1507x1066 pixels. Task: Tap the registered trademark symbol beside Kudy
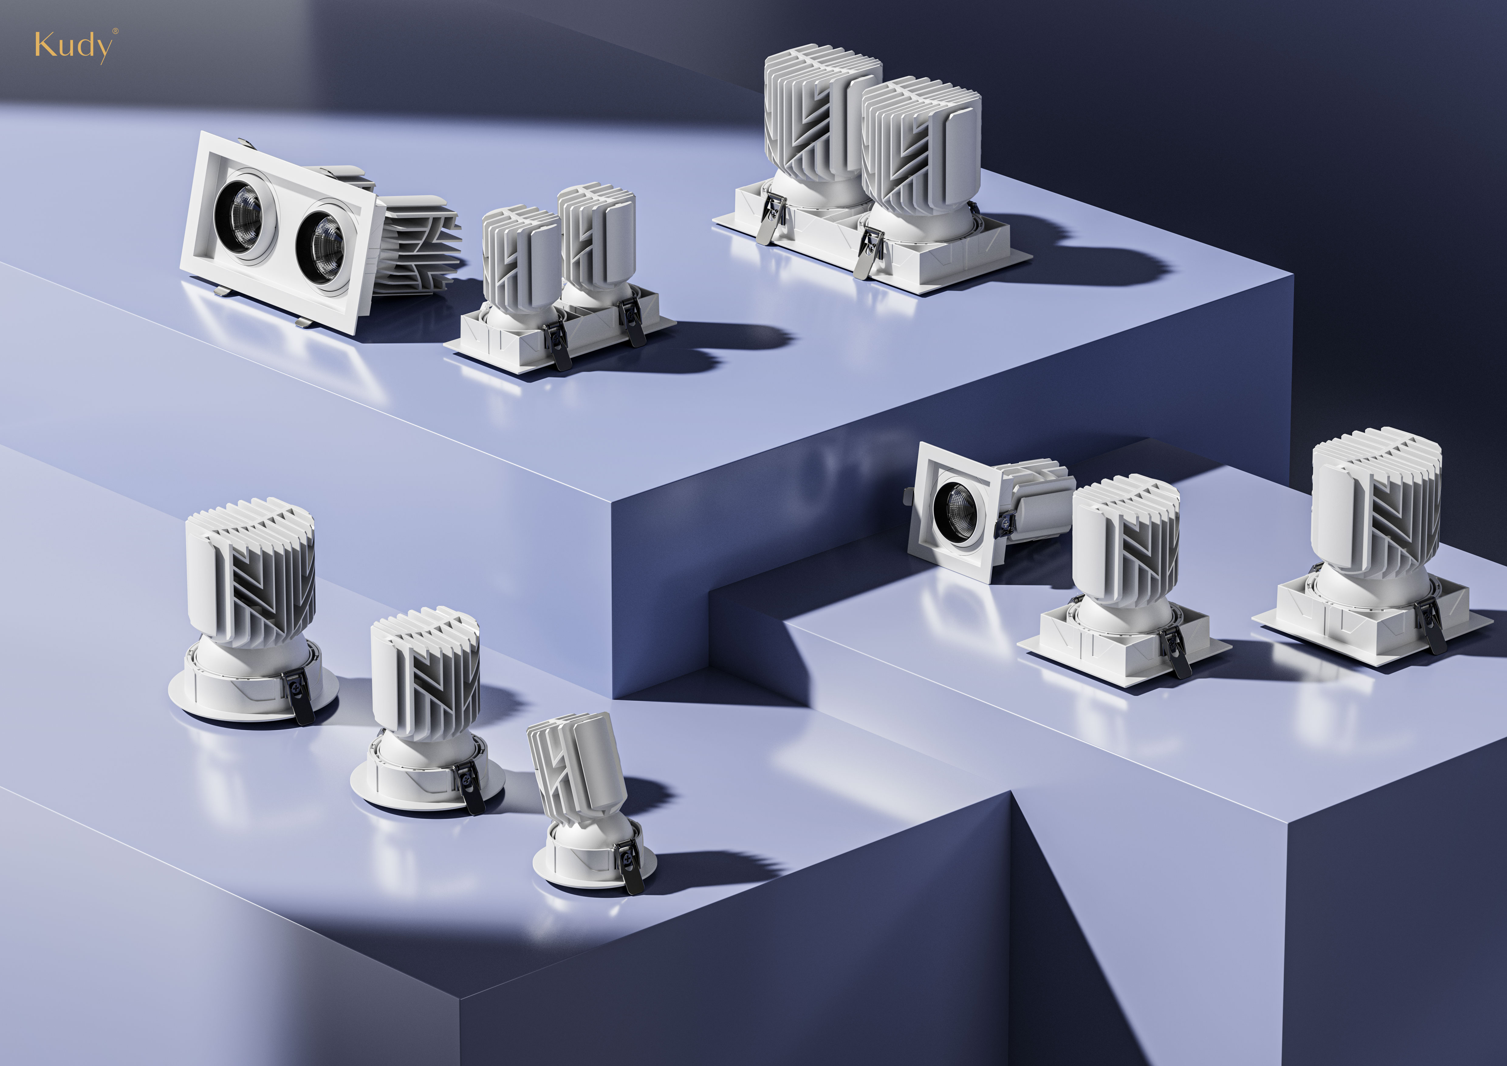(115, 30)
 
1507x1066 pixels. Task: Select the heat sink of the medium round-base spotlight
(425, 676)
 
